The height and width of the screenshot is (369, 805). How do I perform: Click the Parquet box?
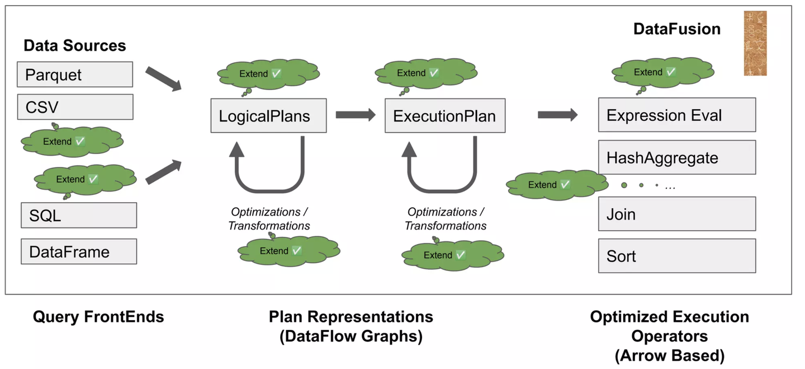(x=75, y=74)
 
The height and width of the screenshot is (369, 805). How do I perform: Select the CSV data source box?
(x=75, y=107)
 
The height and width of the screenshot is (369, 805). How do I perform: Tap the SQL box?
(x=79, y=215)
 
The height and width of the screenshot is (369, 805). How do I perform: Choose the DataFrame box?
(x=79, y=251)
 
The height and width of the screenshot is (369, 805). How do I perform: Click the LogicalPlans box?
(x=268, y=115)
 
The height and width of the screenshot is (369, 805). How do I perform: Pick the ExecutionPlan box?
(x=445, y=115)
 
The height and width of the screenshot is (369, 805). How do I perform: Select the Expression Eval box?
(x=677, y=115)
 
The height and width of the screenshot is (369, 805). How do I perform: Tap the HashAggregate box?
(x=677, y=157)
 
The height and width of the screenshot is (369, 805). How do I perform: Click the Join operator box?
(x=677, y=214)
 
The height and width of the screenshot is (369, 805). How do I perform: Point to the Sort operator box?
(x=677, y=255)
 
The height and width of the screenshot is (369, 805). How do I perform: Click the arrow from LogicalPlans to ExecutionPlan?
(x=356, y=115)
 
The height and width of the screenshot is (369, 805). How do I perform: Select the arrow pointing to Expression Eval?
(x=557, y=115)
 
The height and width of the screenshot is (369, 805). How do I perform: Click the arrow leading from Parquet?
(x=163, y=79)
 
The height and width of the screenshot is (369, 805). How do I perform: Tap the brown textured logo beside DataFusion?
(x=755, y=43)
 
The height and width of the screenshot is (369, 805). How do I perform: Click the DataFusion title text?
(x=676, y=29)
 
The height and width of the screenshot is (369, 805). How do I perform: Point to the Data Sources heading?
(x=75, y=45)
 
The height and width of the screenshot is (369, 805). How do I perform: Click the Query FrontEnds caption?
(x=98, y=317)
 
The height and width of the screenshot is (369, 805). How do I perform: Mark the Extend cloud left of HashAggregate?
(x=557, y=185)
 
